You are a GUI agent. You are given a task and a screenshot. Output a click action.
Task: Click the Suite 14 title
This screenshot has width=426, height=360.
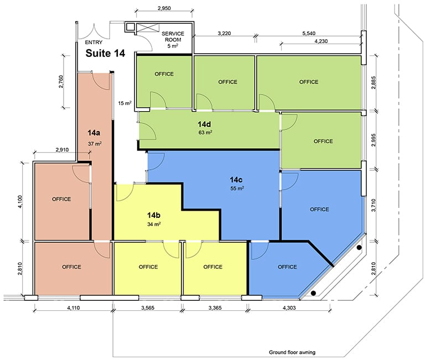coord(105,53)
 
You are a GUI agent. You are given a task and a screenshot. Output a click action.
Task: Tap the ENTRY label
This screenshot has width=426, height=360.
coord(93,43)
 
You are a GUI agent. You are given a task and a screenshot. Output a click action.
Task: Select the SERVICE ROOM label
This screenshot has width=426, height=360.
coord(173,36)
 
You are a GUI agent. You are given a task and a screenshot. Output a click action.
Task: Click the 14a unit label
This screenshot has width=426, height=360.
coord(93,133)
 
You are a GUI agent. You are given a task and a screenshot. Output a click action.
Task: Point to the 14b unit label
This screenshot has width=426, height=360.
coord(153,215)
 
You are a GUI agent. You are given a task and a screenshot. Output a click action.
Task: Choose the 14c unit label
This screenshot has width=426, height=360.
coord(236,180)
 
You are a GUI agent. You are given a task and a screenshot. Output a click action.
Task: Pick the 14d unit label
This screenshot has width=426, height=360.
coord(204,124)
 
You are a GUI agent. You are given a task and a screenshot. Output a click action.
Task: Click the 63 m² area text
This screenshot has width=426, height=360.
coord(205,133)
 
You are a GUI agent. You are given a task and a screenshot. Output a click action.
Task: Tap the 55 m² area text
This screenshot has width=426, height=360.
coord(237,188)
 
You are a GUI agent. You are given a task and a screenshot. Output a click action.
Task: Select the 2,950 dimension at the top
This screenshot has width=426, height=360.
coord(164,8)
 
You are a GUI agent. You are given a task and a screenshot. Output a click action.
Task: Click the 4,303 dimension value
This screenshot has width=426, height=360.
coord(289,307)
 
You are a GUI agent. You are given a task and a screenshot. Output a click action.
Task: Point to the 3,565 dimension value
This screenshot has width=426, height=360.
coord(148,307)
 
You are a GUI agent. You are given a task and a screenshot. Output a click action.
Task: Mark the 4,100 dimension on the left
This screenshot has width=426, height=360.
coord(21,202)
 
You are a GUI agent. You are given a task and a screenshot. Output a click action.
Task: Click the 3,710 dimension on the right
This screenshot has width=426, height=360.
coord(373,205)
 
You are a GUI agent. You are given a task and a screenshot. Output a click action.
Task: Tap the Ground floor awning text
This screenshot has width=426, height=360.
coord(292,352)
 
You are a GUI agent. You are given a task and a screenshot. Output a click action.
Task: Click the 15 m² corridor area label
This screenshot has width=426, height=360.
coord(124,103)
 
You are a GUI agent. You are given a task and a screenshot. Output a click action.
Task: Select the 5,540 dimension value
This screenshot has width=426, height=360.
coord(309,33)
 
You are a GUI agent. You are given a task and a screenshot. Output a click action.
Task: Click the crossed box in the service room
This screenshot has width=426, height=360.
coord(148,28)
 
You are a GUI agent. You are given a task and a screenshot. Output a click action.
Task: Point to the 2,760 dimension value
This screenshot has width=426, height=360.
coord(61,81)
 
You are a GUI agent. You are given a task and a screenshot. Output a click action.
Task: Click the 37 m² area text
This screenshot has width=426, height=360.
coord(95,144)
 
